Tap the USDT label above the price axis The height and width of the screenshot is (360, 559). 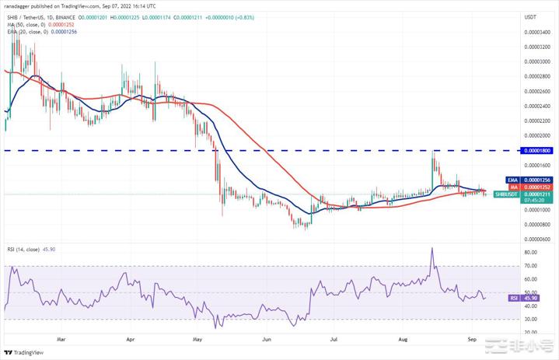pyautogui.click(x=531, y=16)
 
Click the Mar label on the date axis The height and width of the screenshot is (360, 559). pyautogui.click(x=61, y=339)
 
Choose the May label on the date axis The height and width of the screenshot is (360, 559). pyautogui.click(x=197, y=339)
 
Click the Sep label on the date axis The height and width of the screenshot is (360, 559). pyautogui.click(x=472, y=339)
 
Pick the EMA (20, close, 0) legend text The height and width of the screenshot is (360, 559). pyautogui.click(x=47, y=32)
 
